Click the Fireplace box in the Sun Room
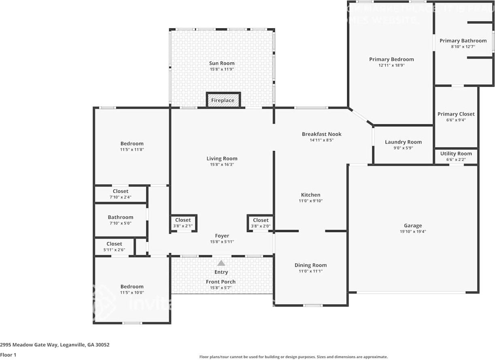[223, 100]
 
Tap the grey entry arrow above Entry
[221, 263]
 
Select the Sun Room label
[222, 63]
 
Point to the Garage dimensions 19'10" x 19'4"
[413, 232]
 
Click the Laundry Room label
[403, 142]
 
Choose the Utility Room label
[456, 154]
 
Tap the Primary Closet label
[456, 114]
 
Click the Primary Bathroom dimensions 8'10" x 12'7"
[463, 47]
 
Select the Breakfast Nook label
[322, 134]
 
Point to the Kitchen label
[311, 195]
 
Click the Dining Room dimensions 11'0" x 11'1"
[311, 271]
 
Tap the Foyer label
[222, 236]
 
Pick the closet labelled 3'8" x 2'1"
[183, 223]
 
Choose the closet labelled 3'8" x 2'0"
[260, 223]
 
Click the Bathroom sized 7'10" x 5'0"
[120, 220]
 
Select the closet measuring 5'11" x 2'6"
[114, 247]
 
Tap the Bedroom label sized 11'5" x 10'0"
[132, 289]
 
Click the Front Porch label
[221, 282]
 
